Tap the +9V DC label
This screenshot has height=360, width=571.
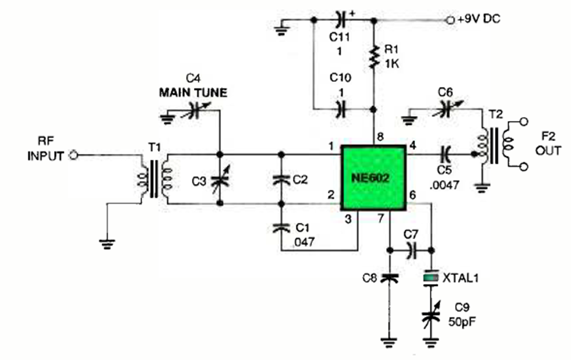(478, 20)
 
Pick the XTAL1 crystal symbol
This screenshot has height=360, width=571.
(434, 278)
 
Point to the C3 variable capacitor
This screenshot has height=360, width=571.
(220, 179)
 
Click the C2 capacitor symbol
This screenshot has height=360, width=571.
(281, 180)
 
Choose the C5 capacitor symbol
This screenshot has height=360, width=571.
(445, 154)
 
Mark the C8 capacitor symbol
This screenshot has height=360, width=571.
(389, 278)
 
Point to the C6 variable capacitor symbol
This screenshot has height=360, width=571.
(441, 109)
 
